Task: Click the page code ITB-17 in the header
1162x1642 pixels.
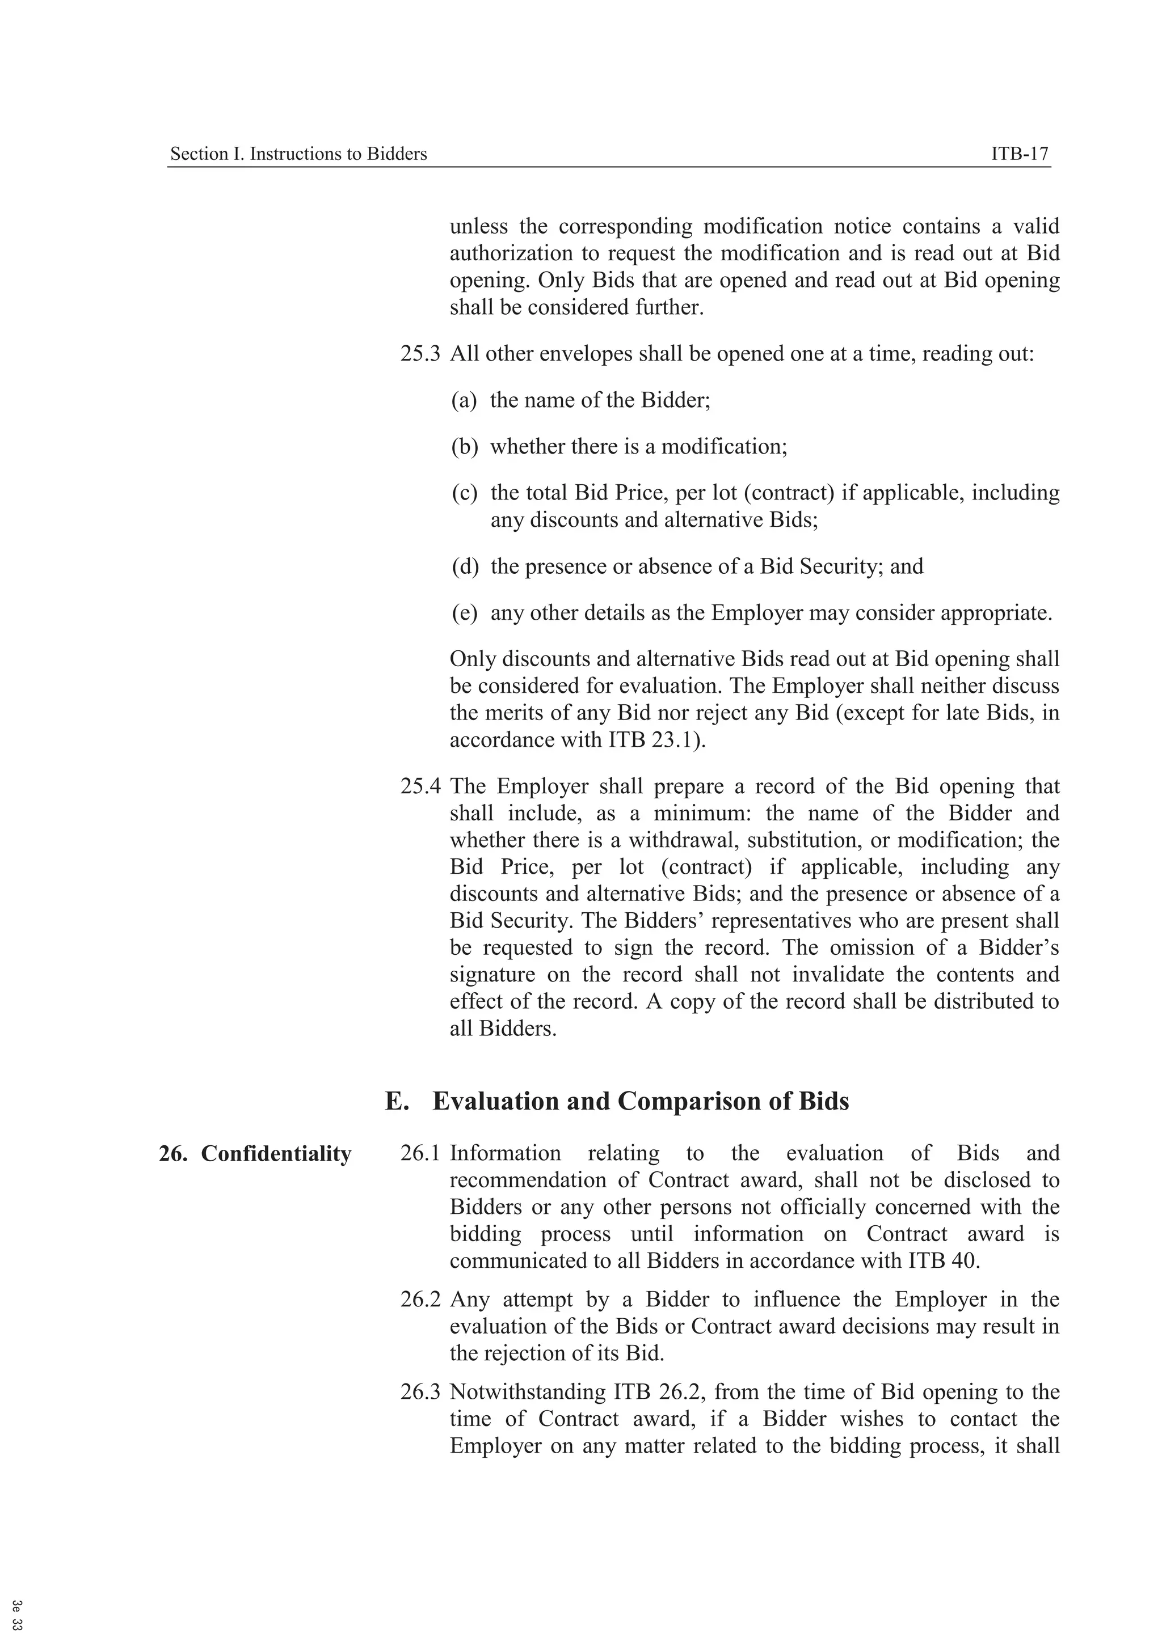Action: pos(1019,154)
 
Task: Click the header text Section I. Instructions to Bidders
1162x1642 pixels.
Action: pos(298,154)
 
